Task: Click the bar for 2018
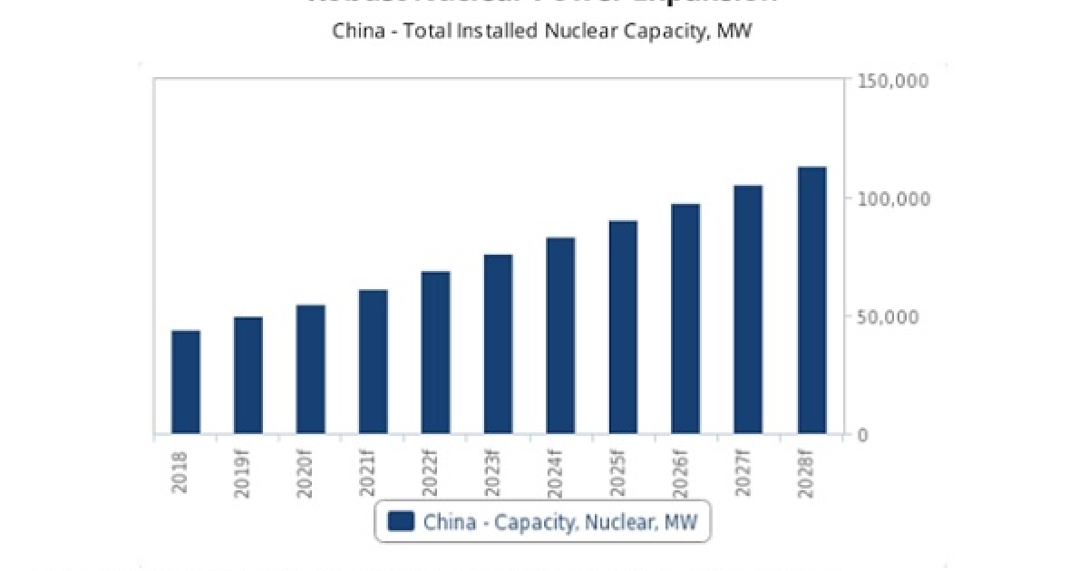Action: (x=186, y=382)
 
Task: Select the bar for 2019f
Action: (x=248, y=375)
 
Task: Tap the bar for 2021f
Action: (x=374, y=362)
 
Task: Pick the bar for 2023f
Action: (x=499, y=344)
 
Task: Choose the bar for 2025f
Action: (x=624, y=327)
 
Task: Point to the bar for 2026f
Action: (x=686, y=319)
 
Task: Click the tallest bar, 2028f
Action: (x=811, y=300)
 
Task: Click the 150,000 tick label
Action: (x=893, y=82)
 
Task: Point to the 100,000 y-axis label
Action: (x=893, y=198)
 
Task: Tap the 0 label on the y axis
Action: (x=863, y=435)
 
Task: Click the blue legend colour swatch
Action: (x=400, y=521)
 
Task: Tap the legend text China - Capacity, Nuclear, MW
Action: (x=555, y=521)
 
